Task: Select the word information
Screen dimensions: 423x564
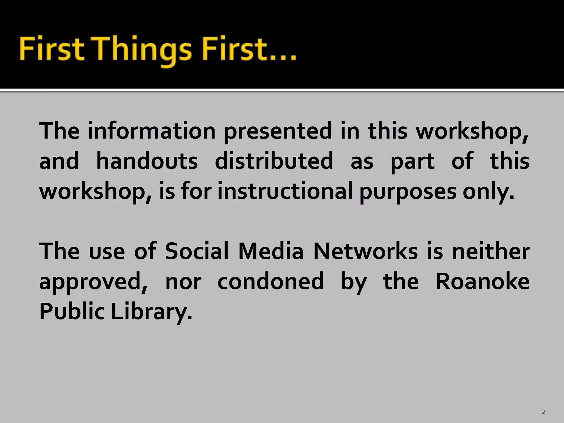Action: [x=151, y=131]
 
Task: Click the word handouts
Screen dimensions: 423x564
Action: [x=147, y=161]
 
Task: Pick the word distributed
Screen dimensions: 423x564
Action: [x=274, y=161]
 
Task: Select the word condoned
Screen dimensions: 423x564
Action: [x=270, y=281]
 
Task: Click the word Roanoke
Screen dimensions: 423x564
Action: [x=482, y=281]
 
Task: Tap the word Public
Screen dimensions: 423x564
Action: [x=72, y=312]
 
